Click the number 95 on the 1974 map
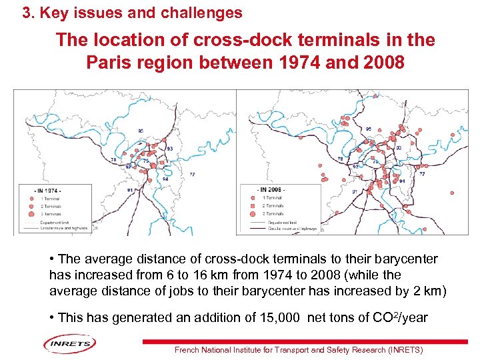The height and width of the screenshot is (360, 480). (141, 130)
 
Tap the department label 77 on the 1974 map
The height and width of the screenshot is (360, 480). (192, 174)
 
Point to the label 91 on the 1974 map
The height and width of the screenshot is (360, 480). (130, 190)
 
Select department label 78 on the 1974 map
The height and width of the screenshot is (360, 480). (113, 161)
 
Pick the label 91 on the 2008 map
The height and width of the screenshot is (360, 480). (355, 191)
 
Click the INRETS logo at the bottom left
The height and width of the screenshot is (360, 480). (70, 343)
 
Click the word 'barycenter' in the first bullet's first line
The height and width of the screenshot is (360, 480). (407, 259)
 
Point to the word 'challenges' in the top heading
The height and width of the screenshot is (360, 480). (204, 13)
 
